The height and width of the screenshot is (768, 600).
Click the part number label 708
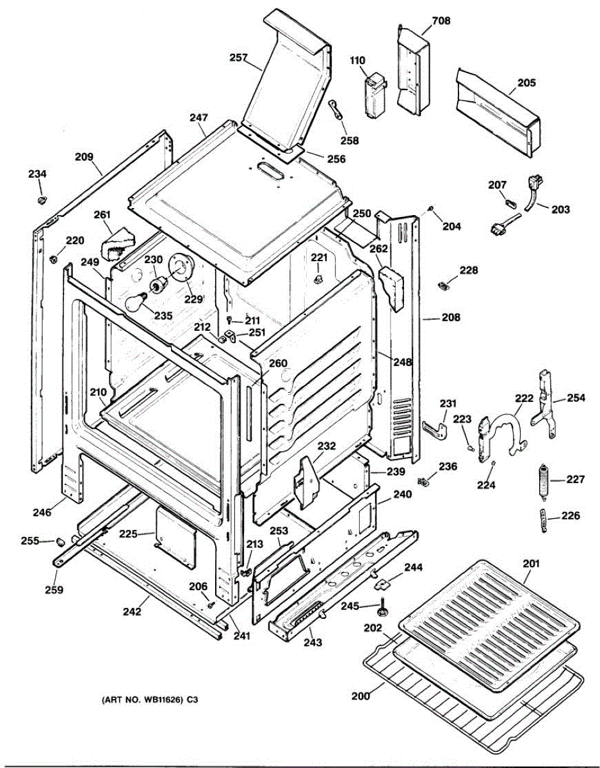[441, 20]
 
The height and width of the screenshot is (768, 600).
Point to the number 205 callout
[527, 83]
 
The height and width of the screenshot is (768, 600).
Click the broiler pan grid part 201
[491, 615]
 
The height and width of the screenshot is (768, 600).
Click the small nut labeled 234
[40, 200]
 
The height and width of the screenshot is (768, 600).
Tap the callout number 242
[132, 611]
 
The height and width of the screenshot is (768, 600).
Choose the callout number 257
[239, 58]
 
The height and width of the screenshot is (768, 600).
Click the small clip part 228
[442, 284]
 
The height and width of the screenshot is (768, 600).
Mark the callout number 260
[278, 363]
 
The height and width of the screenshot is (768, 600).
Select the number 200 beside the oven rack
[361, 696]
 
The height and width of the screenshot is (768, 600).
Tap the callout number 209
[84, 156]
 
